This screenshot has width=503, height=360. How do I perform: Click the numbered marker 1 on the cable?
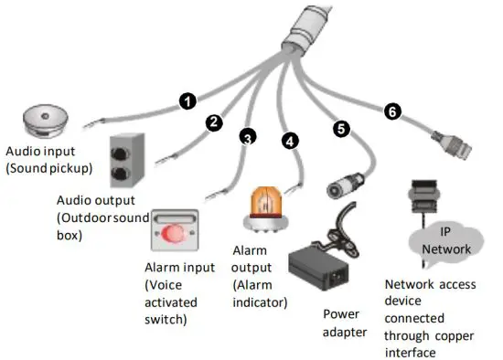(187, 101)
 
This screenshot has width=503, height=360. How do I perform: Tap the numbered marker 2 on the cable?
(215, 122)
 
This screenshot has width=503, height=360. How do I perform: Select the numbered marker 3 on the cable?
(247, 138)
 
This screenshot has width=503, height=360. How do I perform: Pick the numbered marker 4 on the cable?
(290, 142)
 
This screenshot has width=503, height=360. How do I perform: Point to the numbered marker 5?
(341, 130)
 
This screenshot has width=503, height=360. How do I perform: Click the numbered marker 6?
(391, 111)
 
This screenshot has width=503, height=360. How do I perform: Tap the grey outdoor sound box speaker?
(128, 161)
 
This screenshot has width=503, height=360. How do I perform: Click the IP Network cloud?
(444, 240)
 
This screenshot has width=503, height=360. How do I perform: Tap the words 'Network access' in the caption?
(429, 285)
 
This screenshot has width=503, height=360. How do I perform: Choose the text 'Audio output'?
(93, 201)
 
